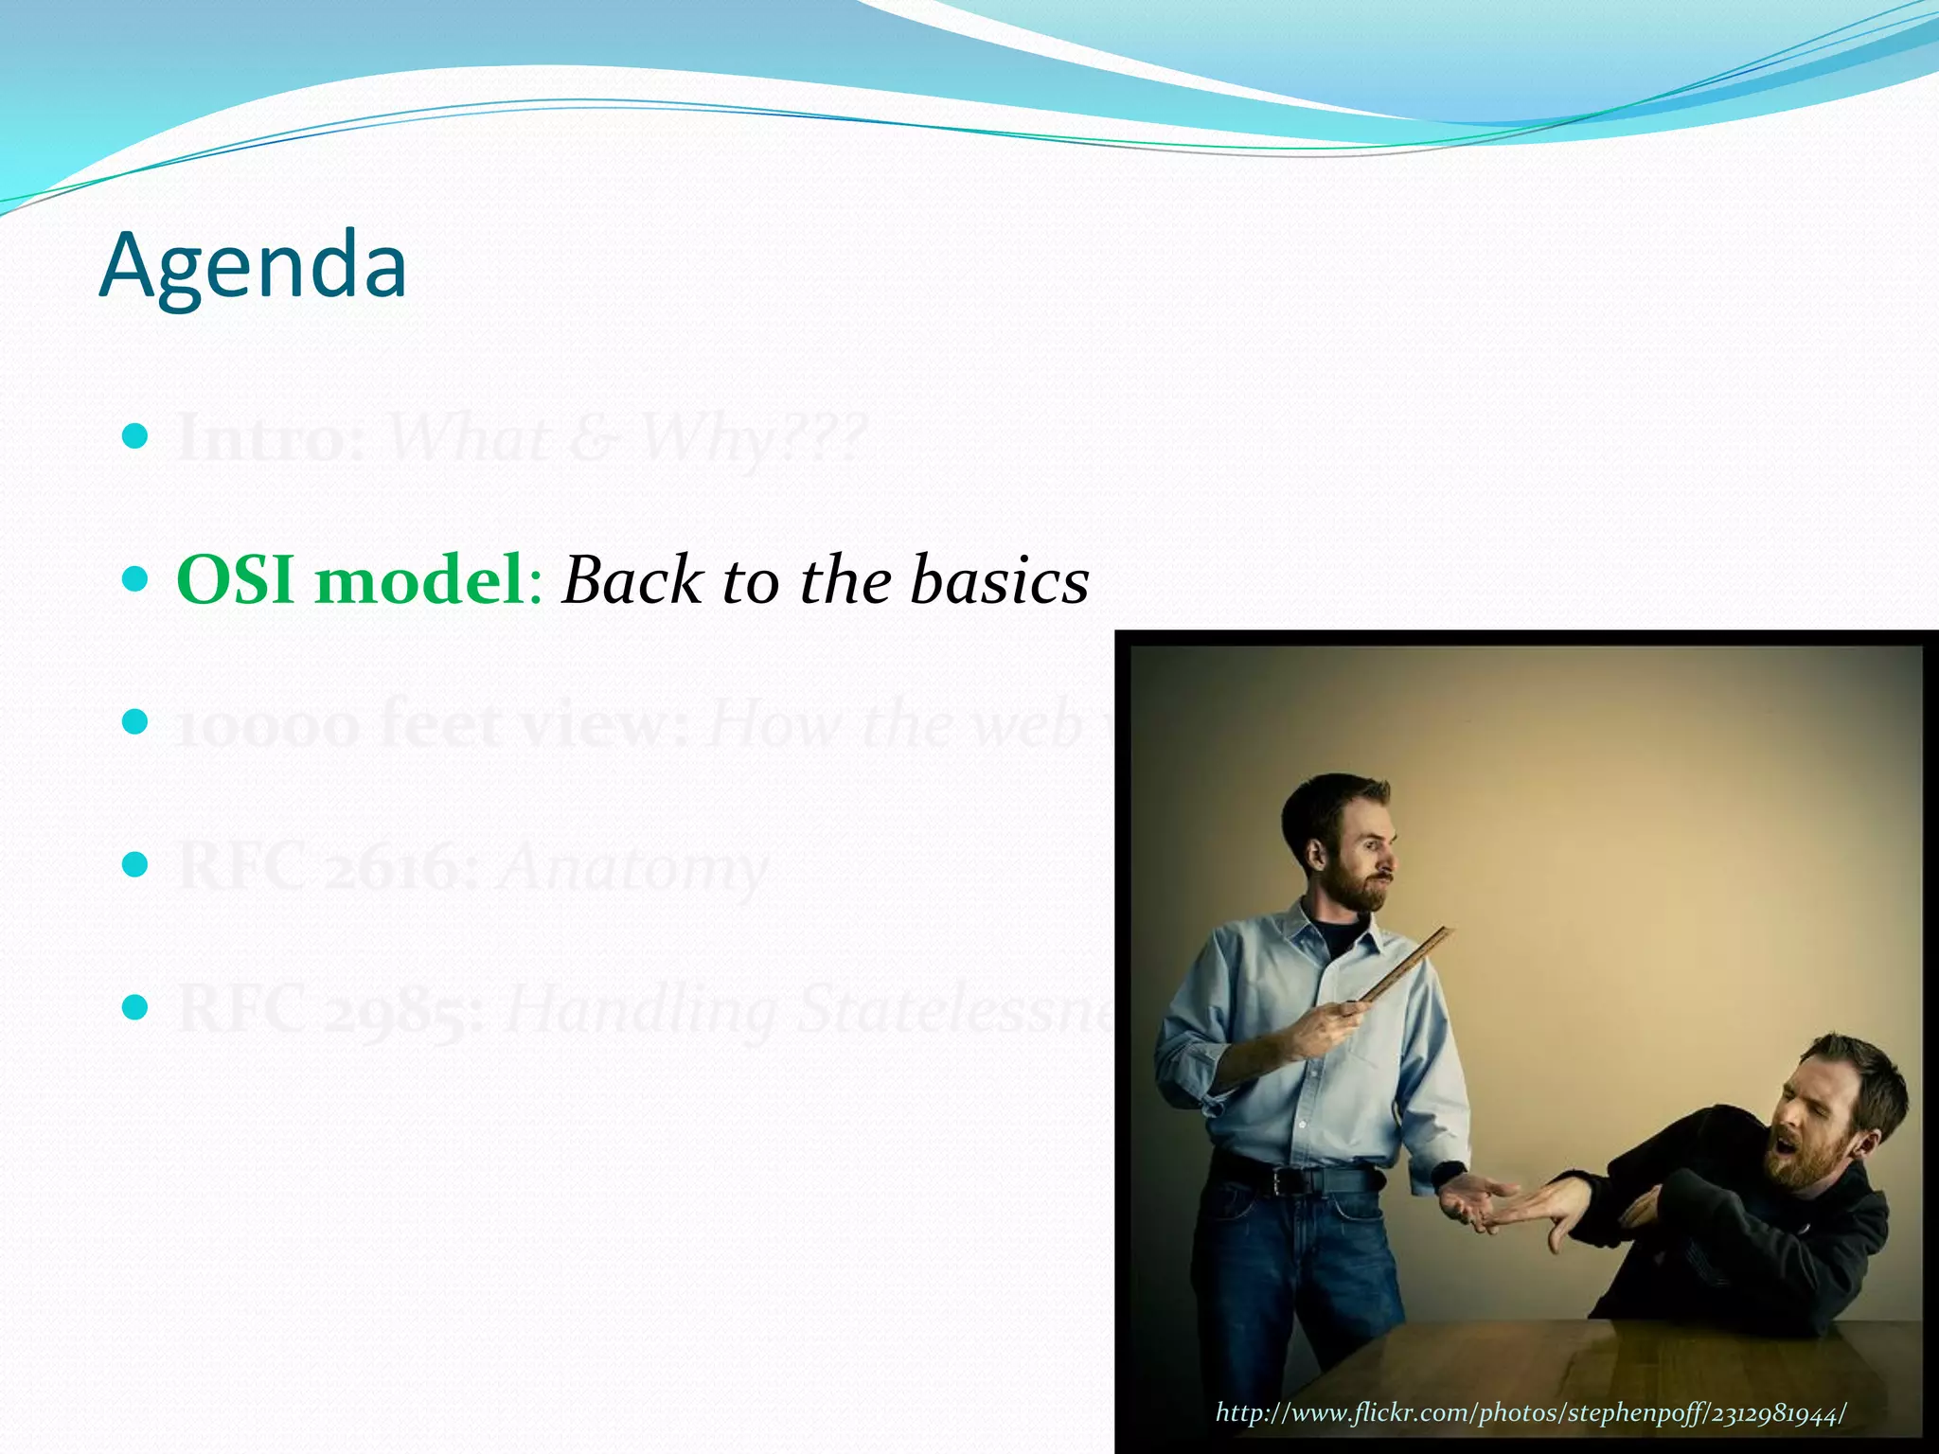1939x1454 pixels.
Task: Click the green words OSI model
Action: pyautogui.click(x=350, y=579)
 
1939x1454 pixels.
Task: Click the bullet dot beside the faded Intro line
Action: pyautogui.click(x=135, y=436)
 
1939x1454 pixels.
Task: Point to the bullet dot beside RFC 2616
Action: pyautogui.click(x=135, y=864)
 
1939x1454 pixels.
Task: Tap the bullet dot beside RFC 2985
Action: pyautogui.click(x=135, y=1006)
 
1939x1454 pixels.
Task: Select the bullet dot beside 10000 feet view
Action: pyautogui.click(x=135, y=722)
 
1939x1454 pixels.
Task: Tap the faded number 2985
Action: pyautogui.click(x=399, y=1010)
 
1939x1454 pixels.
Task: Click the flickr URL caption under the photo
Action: pyautogui.click(x=1530, y=1413)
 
